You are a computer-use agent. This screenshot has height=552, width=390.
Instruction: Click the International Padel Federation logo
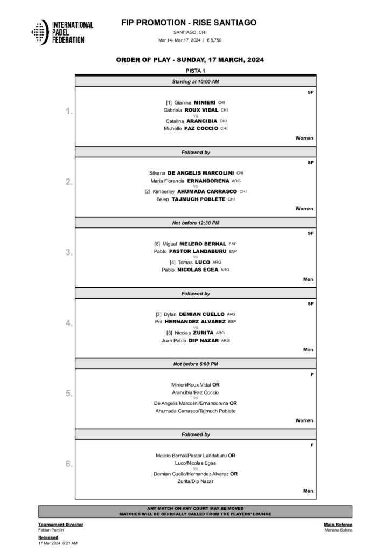pyautogui.click(x=62, y=32)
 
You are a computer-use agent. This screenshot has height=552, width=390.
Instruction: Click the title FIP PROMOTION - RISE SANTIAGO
pyautogui.click(x=190, y=23)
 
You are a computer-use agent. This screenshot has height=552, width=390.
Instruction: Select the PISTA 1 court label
pyautogui.click(x=195, y=71)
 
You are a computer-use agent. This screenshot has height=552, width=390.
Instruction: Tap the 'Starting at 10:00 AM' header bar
pyautogui.click(x=195, y=81)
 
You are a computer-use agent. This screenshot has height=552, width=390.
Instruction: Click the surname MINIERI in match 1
pyautogui.click(x=205, y=102)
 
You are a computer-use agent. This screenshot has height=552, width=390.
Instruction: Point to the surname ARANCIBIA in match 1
pyautogui.click(x=201, y=121)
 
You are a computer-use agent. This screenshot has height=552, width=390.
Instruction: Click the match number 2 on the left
pyautogui.click(x=69, y=182)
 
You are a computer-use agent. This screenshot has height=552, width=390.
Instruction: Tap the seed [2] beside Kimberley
pyautogui.click(x=148, y=191)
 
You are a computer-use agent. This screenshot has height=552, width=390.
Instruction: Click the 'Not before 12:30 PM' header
pyautogui.click(x=195, y=223)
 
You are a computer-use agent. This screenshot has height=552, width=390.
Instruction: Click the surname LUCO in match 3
pyautogui.click(x=203, y=262)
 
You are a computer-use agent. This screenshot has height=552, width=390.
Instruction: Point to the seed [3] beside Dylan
pyautogui.click(x=158, y=314)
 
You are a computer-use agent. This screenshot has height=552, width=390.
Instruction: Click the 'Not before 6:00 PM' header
pyautogui.click(x=195, y=364)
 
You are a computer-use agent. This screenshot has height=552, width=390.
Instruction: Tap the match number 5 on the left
pyautogui.click(x=69, y=394)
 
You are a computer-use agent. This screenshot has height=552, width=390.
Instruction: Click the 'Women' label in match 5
pyautogui.click(x=304, y=420)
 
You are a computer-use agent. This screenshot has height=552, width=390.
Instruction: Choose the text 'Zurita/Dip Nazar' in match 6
pyautogui.click(x=195, y=481)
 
